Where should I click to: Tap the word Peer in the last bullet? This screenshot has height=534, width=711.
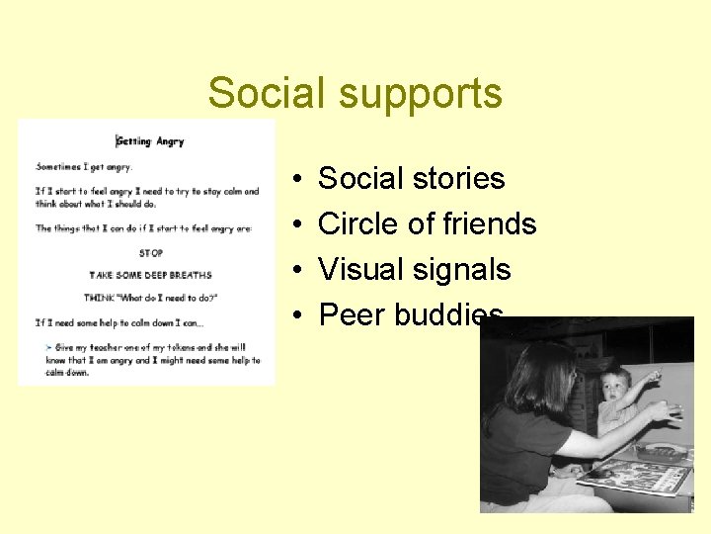tap(352, 315)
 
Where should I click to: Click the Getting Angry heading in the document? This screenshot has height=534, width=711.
tap(150, 141)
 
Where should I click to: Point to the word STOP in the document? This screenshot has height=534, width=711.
tap(151, 253)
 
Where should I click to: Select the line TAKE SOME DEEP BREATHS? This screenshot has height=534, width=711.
tap(150, 275)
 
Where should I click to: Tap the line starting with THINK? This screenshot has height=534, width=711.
tap(150, 298)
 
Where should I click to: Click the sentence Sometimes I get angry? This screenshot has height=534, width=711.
tap(84, 167)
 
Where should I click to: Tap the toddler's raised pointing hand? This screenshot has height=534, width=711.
tap(653, 377)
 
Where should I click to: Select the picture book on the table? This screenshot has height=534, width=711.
tap(632, 474)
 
